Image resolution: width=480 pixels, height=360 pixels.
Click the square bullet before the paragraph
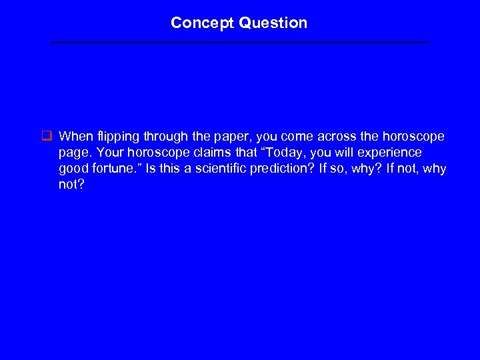click(x=47, y=137)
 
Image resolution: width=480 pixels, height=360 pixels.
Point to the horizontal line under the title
click(x=240, y=42)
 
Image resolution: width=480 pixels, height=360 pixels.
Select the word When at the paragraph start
click(x=76, y=137)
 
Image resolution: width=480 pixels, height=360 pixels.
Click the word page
click(x=73, y=153)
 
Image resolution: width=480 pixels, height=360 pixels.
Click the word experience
click(x=391, y=153)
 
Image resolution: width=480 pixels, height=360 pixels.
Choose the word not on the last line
click(x=69, y=185)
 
